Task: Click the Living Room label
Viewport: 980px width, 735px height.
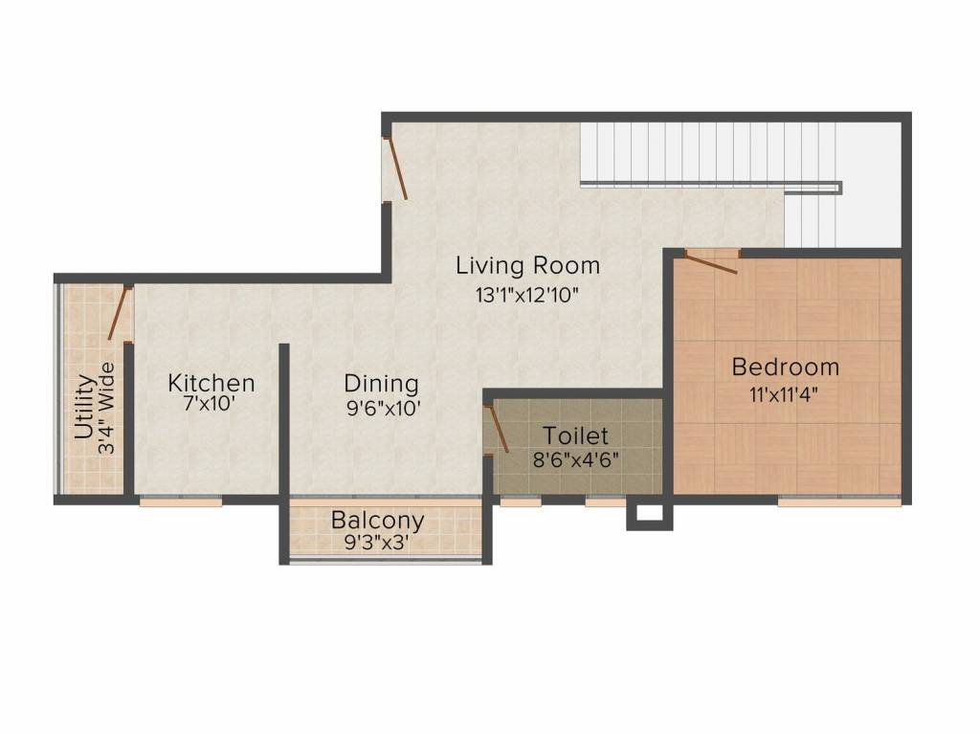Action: click(528, 266)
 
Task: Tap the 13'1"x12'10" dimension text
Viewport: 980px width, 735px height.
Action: click(527, 295)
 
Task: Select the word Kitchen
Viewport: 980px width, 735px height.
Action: click(212, 383)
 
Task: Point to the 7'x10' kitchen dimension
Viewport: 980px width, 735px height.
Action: click(209, 405)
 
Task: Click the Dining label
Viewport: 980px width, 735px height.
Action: click(381, 383)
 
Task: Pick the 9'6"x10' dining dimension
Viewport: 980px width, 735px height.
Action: click(384, 409)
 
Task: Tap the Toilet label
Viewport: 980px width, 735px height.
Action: click(575, 435)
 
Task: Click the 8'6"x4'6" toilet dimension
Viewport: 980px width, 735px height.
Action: click(575, 460)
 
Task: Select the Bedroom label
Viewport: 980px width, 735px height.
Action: click(786, 367)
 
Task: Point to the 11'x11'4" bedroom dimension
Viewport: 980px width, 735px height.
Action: click(785, 395)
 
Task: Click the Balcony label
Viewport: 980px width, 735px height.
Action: click(377, 520)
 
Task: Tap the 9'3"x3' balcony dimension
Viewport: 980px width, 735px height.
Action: click(377, 543)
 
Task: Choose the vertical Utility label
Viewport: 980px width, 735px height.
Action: click(85, 407)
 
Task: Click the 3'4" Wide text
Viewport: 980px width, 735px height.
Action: click(107, 408)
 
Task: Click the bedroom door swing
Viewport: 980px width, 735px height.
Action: click(711, 262)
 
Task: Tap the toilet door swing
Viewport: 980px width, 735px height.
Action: click(497, 428)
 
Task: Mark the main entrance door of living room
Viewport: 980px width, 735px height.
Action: click(395, 168)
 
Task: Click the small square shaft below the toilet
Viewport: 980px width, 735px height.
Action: click(650, 514)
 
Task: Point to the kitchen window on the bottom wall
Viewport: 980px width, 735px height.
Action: click(181, 501)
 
